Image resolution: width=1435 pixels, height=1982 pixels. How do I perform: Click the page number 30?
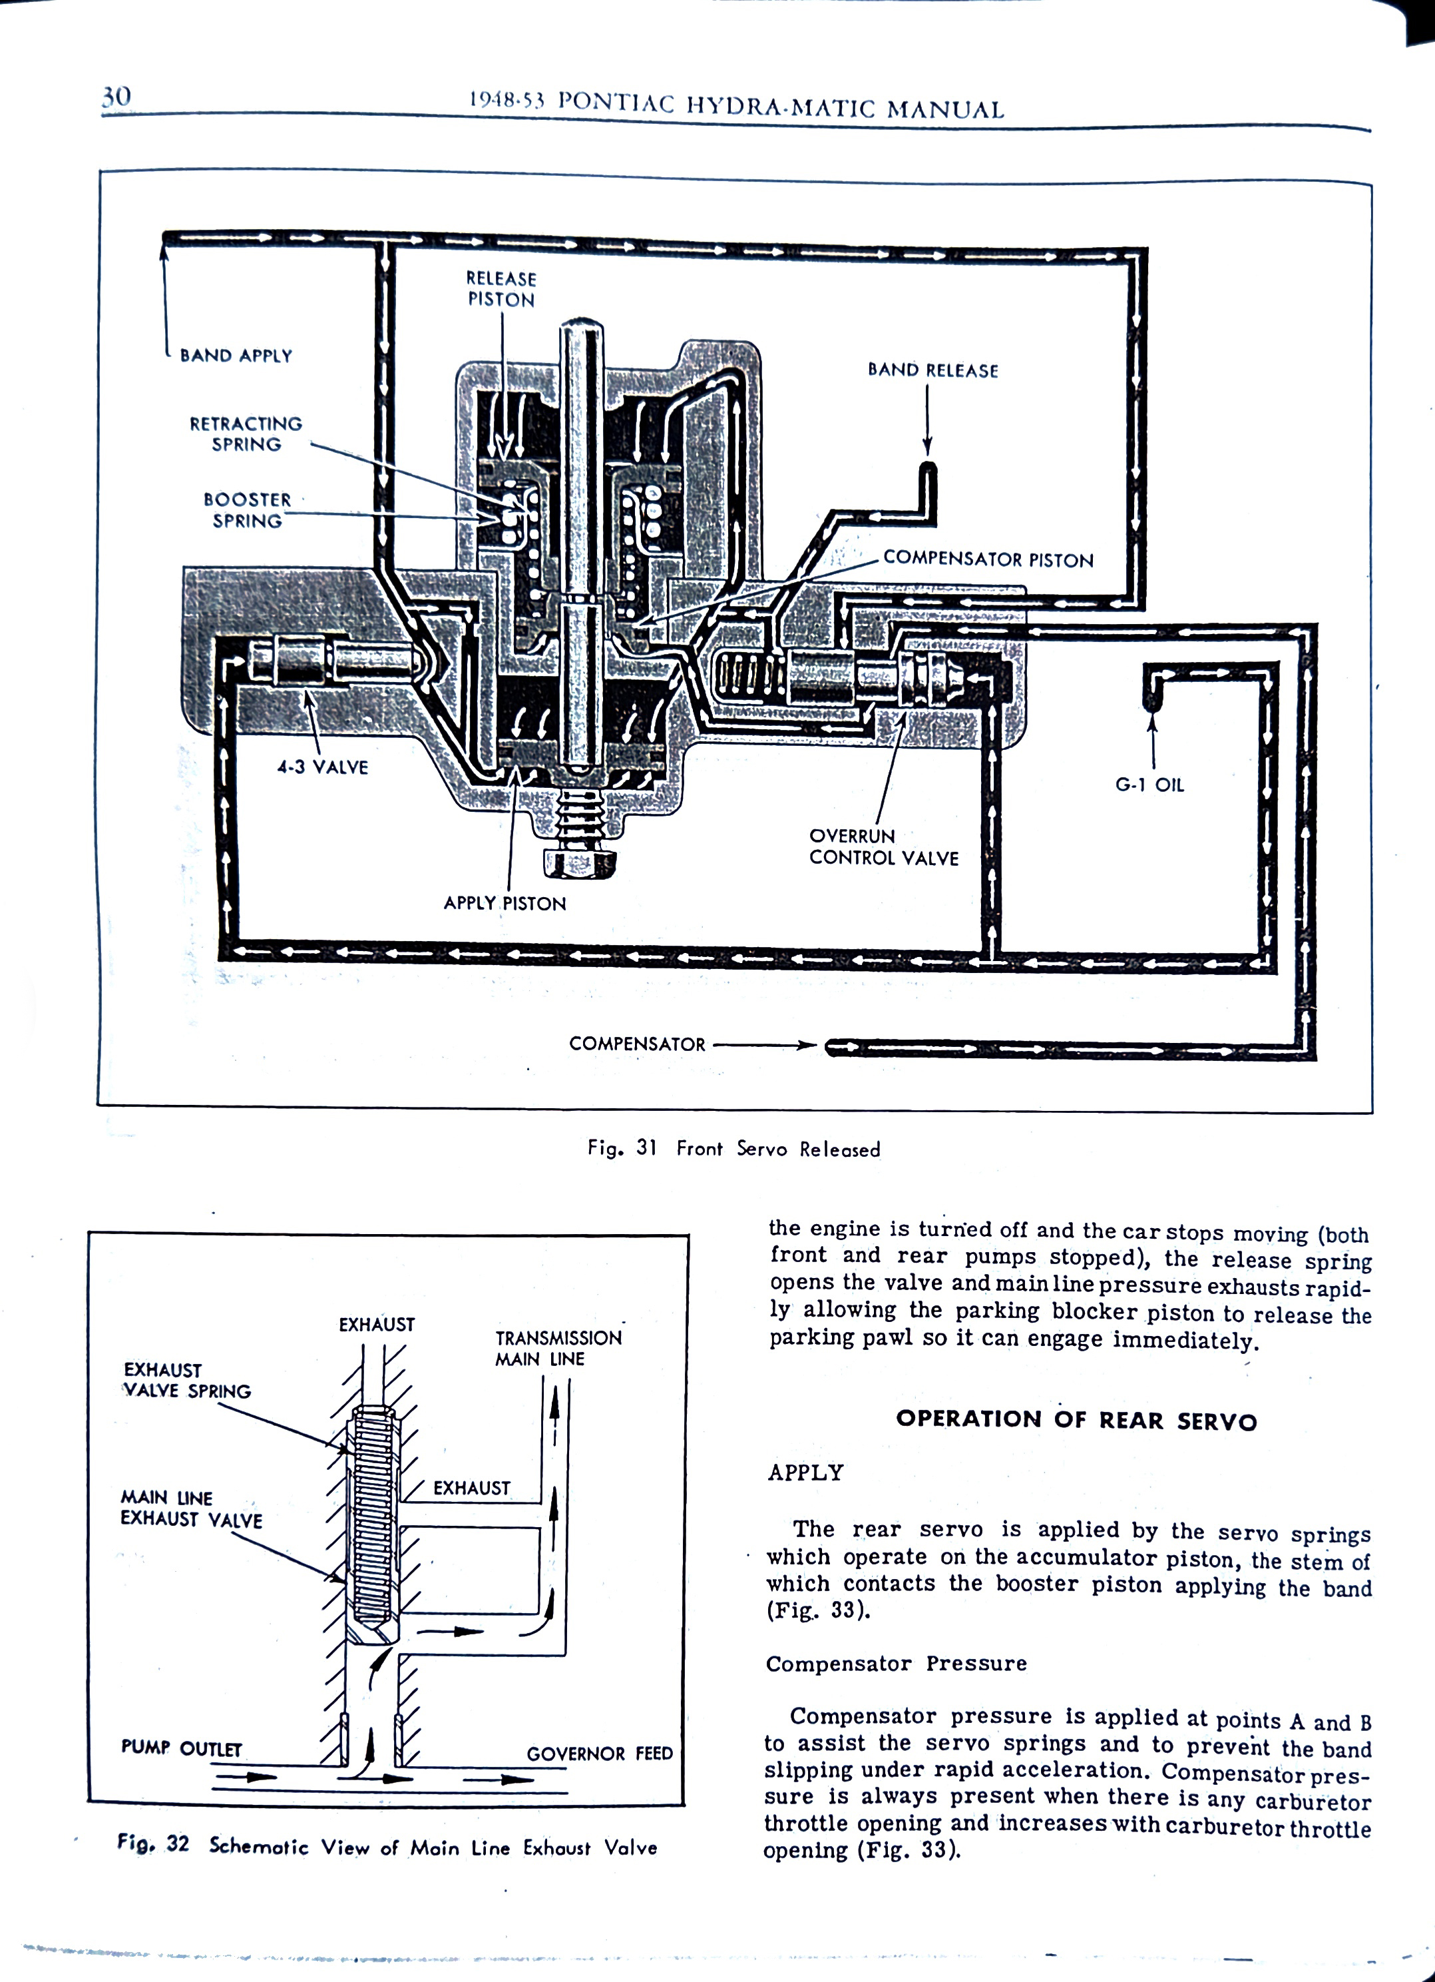coord(116,96)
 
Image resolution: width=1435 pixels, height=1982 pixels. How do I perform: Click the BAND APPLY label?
coord(236,356)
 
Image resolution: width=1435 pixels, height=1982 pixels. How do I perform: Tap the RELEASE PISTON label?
coord(501,289)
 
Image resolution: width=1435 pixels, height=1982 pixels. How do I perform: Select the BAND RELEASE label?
coord(932,370)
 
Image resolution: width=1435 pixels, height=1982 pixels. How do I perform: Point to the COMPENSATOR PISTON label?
coord(988,559)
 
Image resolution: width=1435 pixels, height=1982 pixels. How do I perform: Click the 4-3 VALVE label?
coord(322,767)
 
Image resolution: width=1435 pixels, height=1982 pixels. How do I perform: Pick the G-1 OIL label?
coord(1149,785)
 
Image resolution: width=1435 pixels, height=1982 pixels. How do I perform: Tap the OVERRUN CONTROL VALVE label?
coord(883,846)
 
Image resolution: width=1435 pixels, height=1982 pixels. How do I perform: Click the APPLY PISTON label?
coord(505,902)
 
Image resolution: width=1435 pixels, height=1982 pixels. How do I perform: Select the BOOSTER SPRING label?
coord(247,510)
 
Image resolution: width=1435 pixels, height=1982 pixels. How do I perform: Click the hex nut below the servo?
coord(578,862)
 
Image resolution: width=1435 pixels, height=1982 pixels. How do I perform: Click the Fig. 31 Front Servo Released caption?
coord(733,1148)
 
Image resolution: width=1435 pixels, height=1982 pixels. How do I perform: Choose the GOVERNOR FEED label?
coord(599,1753)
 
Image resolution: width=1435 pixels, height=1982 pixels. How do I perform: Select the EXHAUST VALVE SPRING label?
coord(187,1380)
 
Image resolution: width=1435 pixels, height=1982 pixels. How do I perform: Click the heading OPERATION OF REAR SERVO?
coord(1076,1420)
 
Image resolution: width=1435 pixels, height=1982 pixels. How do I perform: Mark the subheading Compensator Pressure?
coord(896,1663)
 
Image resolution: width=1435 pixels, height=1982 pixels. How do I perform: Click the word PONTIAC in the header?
coord(616,103)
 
